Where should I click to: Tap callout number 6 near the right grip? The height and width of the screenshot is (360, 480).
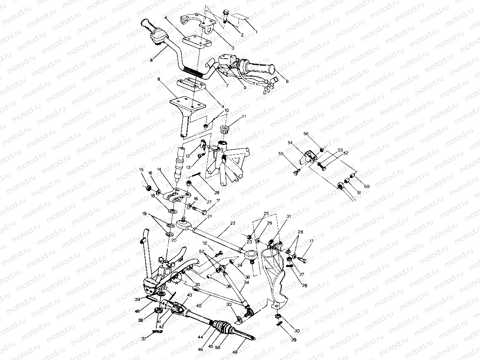[287, 81]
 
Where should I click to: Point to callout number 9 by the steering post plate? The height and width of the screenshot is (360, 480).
[159, 79]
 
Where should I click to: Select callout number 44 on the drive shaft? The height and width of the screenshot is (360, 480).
[201, 337]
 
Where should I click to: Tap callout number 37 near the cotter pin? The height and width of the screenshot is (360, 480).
[144, 339]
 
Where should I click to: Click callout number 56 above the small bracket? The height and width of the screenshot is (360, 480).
[306, 134]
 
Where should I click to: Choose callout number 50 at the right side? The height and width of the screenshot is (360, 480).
[367, 186]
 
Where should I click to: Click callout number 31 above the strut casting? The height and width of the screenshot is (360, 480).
[288, 217]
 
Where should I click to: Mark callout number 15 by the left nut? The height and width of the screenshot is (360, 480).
[141, 169]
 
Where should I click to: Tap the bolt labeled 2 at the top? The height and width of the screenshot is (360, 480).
[227, 16]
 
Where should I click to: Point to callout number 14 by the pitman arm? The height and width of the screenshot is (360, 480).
[159, 169]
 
